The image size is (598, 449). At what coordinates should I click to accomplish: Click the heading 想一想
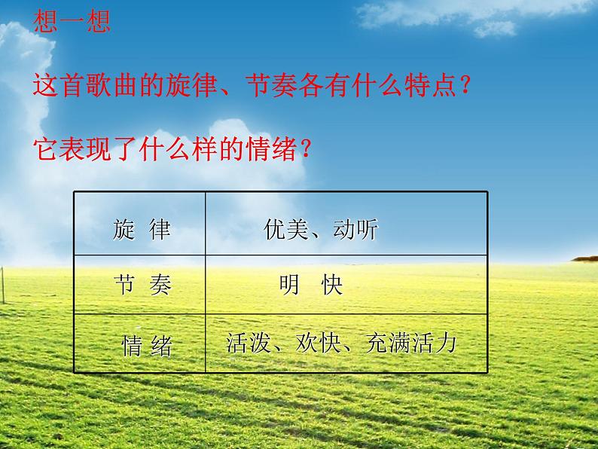[72, 21]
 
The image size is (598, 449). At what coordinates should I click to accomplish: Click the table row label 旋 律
[141, 229]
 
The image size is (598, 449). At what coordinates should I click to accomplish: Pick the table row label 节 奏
[142, 285]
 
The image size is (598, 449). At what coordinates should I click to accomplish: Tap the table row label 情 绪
[147, 346]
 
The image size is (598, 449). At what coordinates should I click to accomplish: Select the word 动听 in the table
[356, 229]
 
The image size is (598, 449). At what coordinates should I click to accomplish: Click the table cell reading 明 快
[310, 285]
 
